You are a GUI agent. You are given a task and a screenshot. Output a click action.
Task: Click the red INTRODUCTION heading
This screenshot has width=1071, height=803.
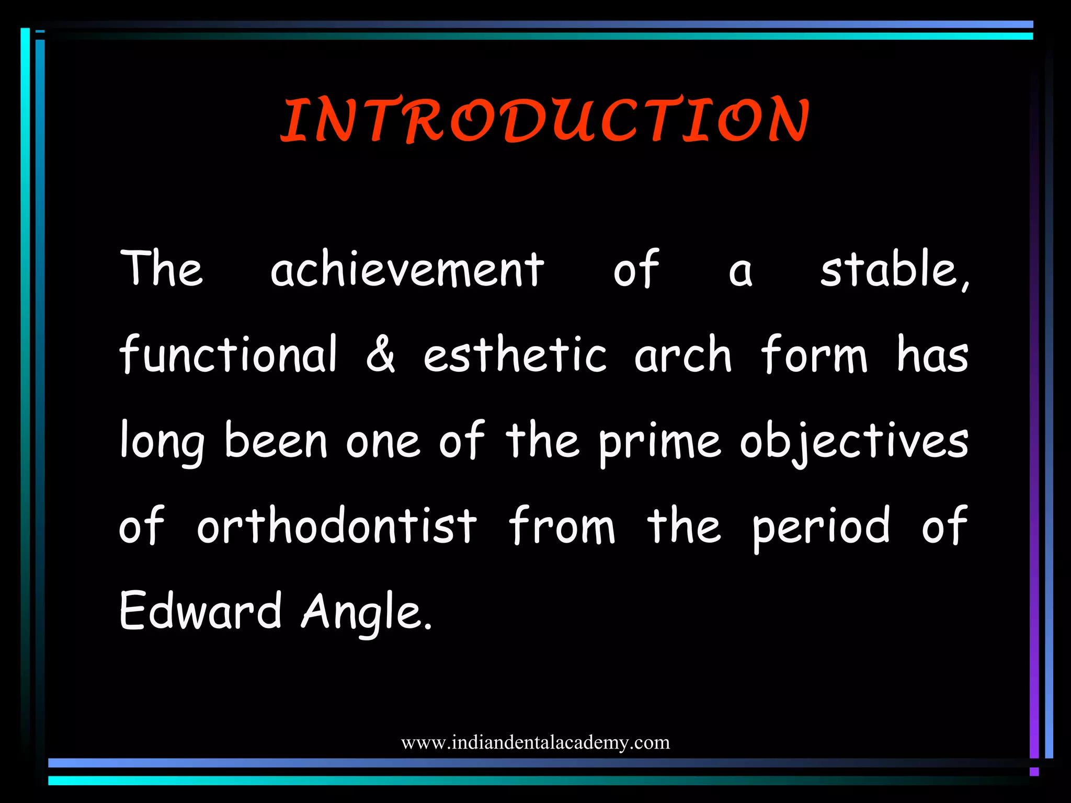click(x=545, y=120)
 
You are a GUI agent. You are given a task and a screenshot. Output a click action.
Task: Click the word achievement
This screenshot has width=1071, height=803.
click(x=407, y=270)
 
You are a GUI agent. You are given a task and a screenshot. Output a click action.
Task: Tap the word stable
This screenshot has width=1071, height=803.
click(x=893, y=270)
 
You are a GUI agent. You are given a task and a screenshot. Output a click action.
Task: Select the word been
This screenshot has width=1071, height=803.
click(x=276, y=441)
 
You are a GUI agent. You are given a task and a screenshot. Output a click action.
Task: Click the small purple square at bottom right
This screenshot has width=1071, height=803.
click(x=1034, y=772)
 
